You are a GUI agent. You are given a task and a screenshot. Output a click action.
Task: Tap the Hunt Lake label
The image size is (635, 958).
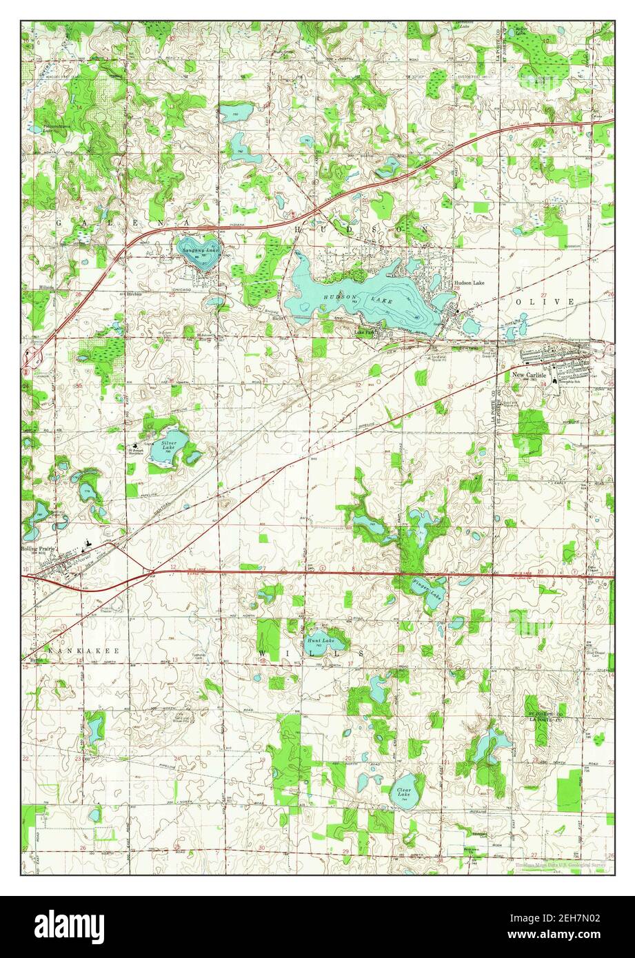pyautogui.click(x=320, y=640)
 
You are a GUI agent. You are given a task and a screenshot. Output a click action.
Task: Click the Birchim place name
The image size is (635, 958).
pyautogui.click(x=133, y=294)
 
